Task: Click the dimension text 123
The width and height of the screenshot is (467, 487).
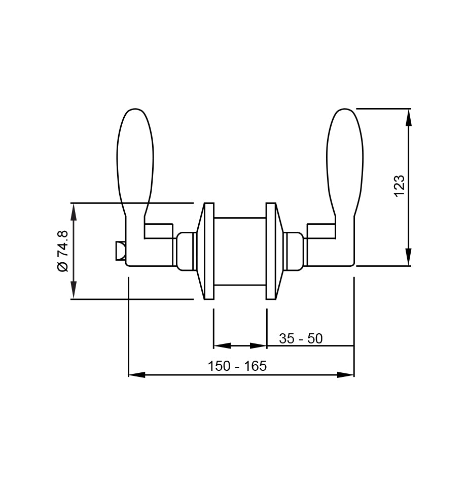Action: coord(400,186)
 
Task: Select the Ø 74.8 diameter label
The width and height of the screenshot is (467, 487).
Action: coord(62,251)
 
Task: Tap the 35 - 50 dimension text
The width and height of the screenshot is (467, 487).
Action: coord(300,338)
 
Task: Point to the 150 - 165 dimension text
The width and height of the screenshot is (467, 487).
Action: coord(237,366)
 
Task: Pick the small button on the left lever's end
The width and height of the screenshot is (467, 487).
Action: coord(120,251)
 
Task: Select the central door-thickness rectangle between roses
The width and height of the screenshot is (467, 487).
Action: coord(240,251)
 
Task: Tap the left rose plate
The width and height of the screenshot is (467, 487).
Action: coord(208,251)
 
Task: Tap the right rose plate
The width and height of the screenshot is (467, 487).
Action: coord(271,251)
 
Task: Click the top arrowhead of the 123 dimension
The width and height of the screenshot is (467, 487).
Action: coord(409,117)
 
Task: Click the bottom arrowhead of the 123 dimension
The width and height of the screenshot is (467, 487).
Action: coord(409,257)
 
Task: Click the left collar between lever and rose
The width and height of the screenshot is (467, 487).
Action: coord(186,251)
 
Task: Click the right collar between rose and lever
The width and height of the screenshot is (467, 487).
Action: coord(294,251)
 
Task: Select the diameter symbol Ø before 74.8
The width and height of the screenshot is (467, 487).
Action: coord(62,267)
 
